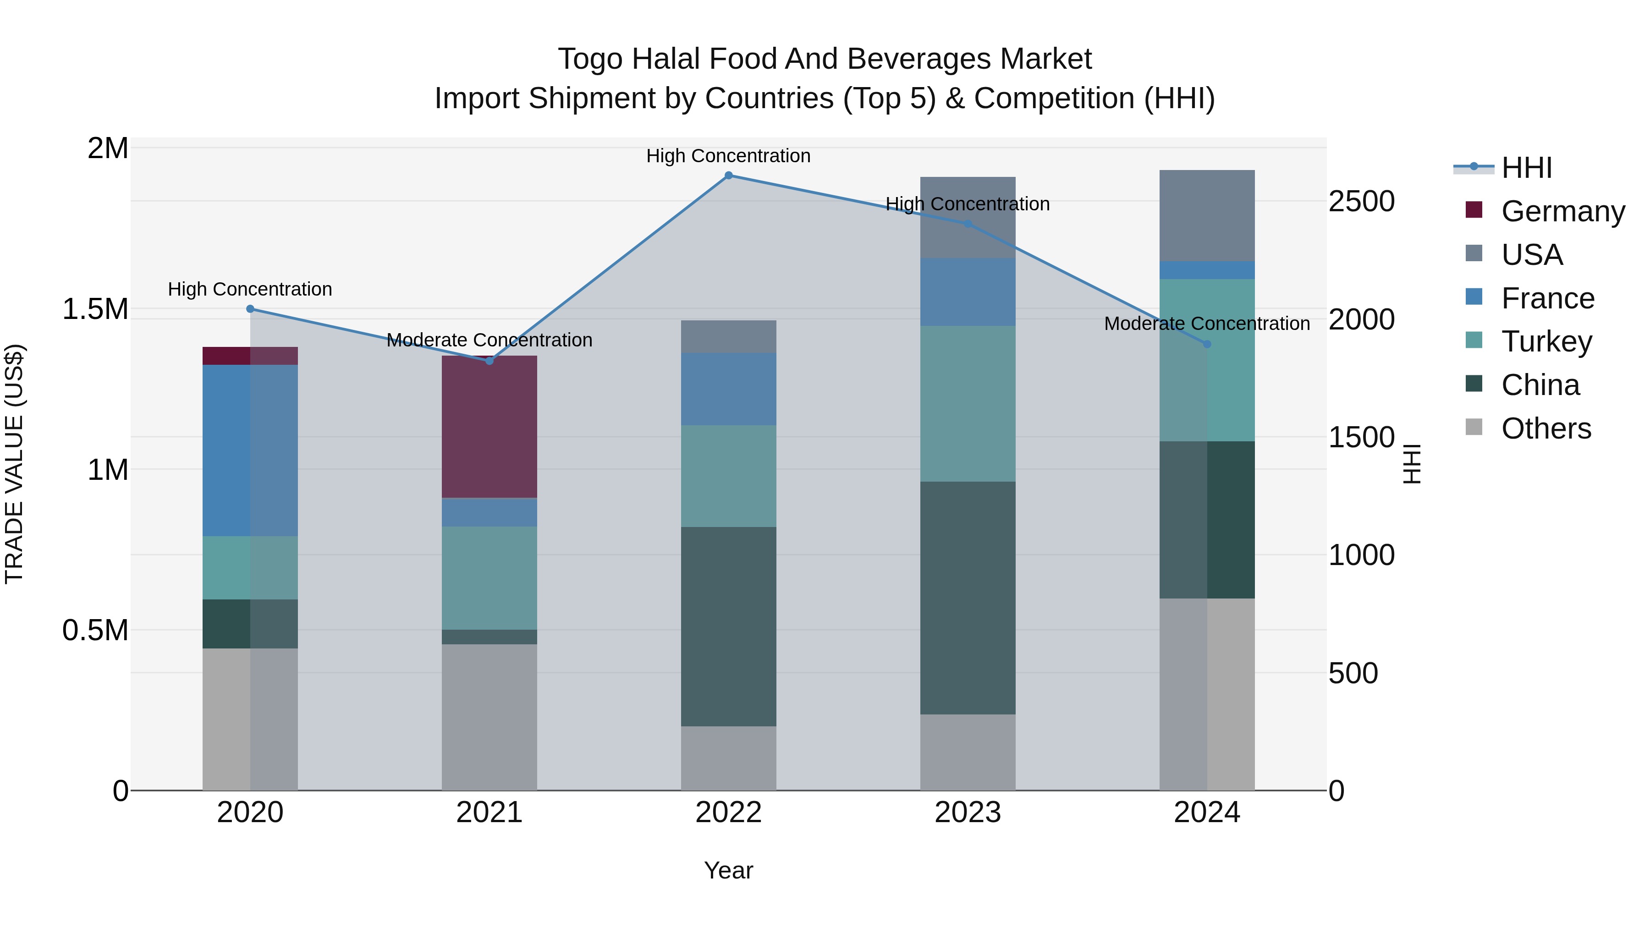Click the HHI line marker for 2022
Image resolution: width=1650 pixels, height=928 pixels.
[x=728, y=176]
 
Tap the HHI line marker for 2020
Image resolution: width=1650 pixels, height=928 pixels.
[x=250, y=309]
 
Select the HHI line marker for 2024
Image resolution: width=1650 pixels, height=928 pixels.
[x=1207, y=344]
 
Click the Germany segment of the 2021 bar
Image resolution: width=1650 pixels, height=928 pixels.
[x=489, y=427]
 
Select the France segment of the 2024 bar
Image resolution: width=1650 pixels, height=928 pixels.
[x=1207, y=269]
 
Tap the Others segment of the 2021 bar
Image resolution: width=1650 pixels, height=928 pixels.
[x=489, y=717]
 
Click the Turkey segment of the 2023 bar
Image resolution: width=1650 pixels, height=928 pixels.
[x=967, y=403]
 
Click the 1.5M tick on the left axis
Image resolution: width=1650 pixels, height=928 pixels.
[x=95, y=309]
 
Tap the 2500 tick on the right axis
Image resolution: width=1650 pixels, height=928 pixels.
[x=1361, y=202]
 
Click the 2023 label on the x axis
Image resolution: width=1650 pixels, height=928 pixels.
[x=967, y=813]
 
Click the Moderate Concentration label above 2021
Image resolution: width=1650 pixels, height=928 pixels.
[x=489, y=340]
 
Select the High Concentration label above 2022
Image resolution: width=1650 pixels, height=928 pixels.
[x=728, y=156]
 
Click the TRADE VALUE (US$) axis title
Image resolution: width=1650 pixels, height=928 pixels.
[x=14, y=464]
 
